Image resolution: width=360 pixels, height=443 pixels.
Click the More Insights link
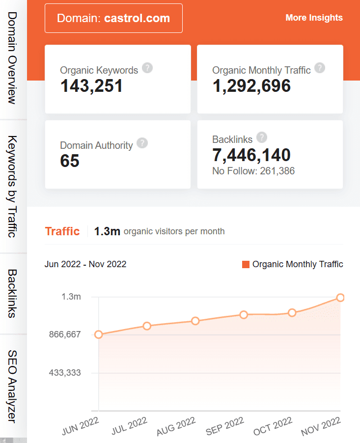pyautogui.click(x=314, y=18)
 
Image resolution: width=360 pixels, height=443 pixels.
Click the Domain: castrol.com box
pyautogui.click(x=113, y=19)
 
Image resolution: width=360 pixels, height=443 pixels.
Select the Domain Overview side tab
pyautogui.click(x=13, y=59)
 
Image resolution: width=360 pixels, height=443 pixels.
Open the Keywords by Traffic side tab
pyautogui.click(x=13, y=186)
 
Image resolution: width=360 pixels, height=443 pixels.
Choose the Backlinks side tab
pyautogui.click(x=13, y=294)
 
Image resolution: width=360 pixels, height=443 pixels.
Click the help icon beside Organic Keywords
pyautogui.click(x=147, y=68)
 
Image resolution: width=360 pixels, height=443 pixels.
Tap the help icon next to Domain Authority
pyautogui.click(x=142, y=143)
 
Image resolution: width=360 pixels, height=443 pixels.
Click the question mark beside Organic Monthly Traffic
pyautogui.click(x=320, y=68)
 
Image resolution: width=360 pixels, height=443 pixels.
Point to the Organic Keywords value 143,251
pyautogui.click(x=91, y=86)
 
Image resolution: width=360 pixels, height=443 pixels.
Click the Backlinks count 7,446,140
pyautogui.click(x=251, y=155)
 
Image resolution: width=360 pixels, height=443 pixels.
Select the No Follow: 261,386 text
pyautogui.click(x=253, y=171)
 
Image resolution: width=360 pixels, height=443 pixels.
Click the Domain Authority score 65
pyautogui.click(x=70, y=161)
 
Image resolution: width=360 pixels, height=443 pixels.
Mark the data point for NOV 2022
pyautogui.click(x=340, y=298)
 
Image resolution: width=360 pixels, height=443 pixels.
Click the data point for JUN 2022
pyautogui.click(x=99, y=334)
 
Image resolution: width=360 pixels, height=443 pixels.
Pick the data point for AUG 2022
pyautogui.click(x=195, y=321)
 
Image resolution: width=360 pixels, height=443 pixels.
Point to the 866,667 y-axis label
pyautogui.click(x=65, y=334)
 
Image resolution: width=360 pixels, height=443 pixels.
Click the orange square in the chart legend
pyautogui.click(x=246, y=265)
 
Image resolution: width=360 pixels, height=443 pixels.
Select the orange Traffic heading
pyautogui.click(x=62, y=231)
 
